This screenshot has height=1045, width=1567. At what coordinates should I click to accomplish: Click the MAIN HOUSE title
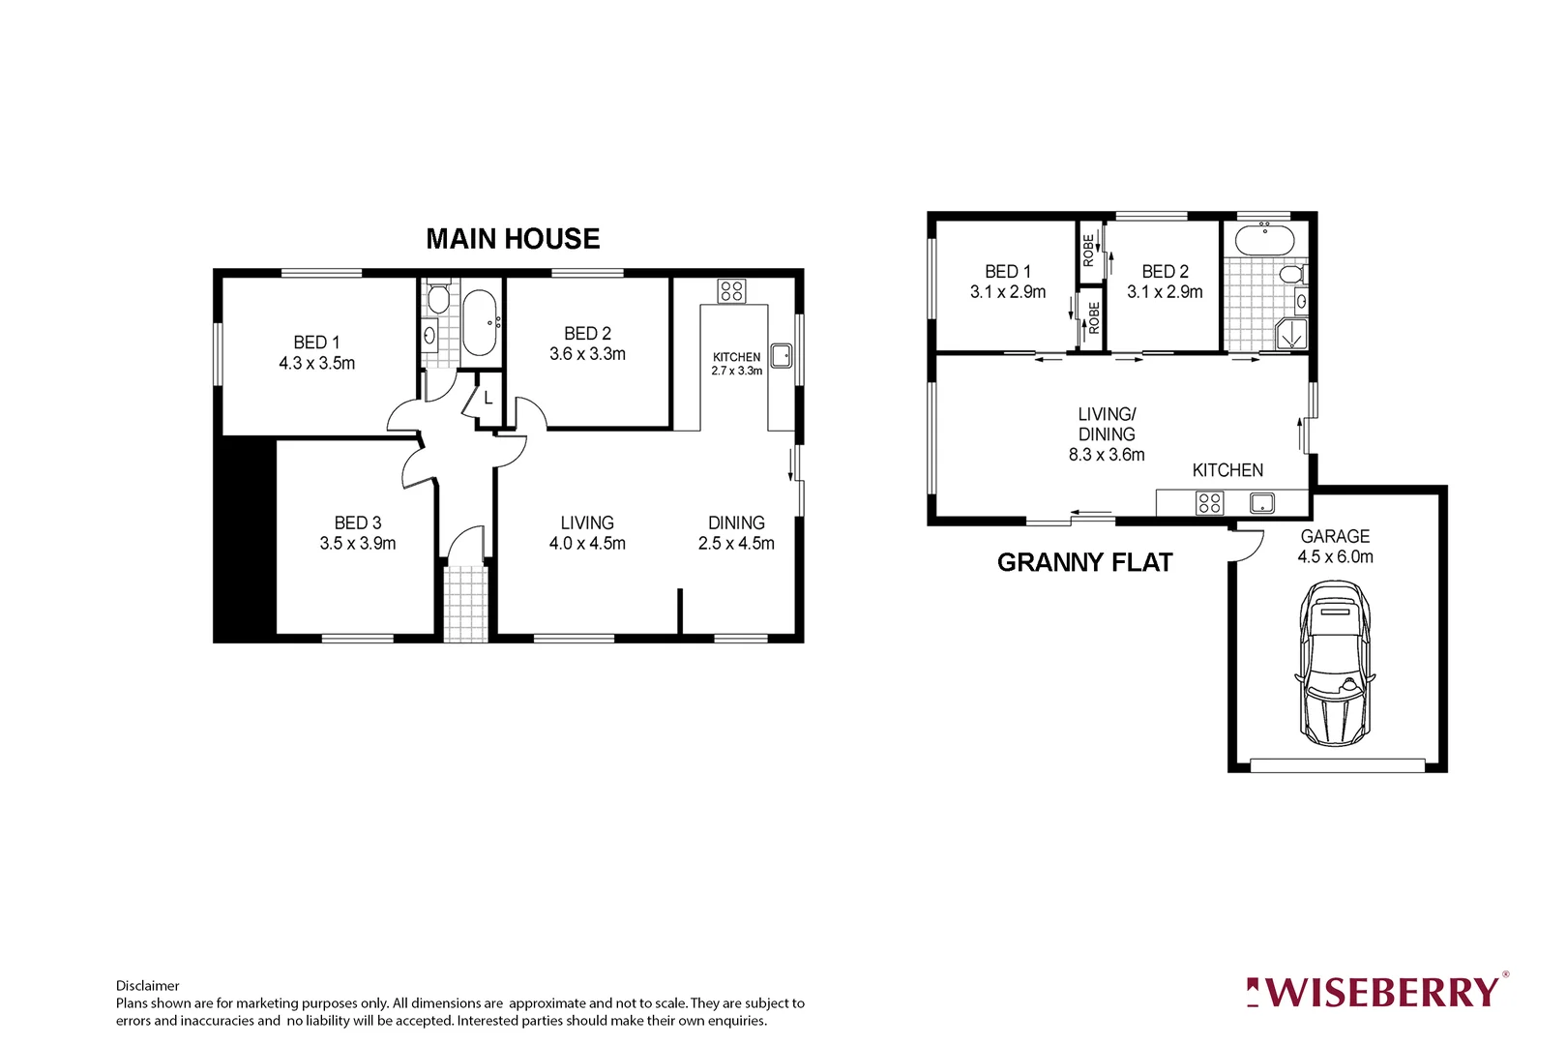(x=513, y=239)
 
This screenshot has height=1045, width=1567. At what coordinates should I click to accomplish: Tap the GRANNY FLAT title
(x=1084, y=563)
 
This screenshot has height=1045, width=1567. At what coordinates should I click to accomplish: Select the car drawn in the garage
(x=1335, y=663)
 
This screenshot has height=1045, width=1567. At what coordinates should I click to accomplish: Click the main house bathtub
(x=480, y=323)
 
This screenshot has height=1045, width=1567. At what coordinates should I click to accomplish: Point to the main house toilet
(x=438, y=297)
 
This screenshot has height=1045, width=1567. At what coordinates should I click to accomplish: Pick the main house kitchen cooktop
(x=731, y=290)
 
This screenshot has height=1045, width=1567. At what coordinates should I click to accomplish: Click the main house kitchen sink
(x=781, y=353)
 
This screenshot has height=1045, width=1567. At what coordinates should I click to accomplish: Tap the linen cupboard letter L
(x=488, y=399)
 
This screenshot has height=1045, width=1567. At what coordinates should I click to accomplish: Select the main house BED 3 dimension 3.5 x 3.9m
(x=358, y=544)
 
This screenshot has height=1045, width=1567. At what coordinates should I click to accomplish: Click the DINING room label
(x=736, y=522)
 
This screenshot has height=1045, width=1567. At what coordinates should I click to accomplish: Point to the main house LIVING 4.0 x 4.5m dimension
(x=587, y=544)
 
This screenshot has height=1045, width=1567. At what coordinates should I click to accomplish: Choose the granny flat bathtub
(x=1265, y=239)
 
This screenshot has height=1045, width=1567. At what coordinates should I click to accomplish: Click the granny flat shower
(x=1290, y=335)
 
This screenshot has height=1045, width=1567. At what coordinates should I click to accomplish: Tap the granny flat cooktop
(x=1209, y=503)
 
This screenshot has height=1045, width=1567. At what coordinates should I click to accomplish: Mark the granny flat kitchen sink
(x=1261, y=503)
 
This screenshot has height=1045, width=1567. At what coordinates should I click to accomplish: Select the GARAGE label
(x=1335, y=536)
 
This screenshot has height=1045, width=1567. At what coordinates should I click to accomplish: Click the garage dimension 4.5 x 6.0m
(x=1335, y=557)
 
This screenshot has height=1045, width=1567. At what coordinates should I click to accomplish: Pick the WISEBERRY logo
(x=1377, y=992)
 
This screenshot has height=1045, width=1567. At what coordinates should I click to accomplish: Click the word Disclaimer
(x=147, y=986)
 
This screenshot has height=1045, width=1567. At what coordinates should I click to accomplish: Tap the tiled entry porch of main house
(x=465, y=601)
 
